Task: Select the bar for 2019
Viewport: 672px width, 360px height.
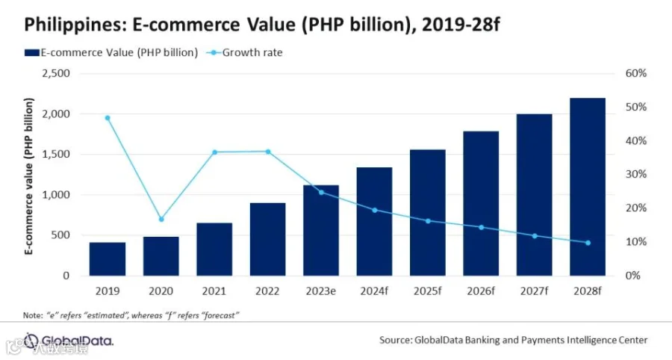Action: coord(108,259)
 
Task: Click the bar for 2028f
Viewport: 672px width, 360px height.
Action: coord(588,187)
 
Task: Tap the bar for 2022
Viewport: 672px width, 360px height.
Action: coord(268,239)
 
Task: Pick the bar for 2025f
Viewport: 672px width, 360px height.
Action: coord(428,213)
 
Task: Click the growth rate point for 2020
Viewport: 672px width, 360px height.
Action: coord(161,220)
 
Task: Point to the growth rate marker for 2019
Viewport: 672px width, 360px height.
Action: coord(108,118)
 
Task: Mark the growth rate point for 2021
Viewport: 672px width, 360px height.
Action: coord(215,152)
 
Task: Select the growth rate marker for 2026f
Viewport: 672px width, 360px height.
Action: coord(482,227)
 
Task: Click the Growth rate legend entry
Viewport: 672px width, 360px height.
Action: coord(245,53)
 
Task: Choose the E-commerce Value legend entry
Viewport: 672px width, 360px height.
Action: coord(111,53)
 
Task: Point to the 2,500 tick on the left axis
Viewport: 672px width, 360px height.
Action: coord(56,73)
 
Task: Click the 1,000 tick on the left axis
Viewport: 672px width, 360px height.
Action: coord(56,195)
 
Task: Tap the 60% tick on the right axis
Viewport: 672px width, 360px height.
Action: coord(636,73)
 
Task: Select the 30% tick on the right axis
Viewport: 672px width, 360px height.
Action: coord(636,175)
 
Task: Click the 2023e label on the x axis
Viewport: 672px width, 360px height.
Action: coord(321,291)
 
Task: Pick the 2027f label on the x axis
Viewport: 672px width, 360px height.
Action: coord(535,291)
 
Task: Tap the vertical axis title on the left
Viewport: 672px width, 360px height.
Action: coord(28,176)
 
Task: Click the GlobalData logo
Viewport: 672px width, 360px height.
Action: coord(69,341)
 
